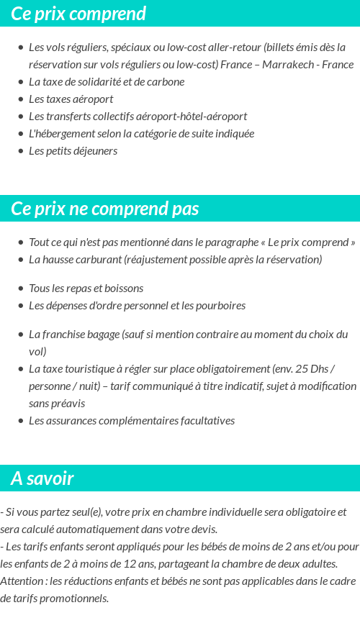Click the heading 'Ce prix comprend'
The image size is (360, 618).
pos(78,14)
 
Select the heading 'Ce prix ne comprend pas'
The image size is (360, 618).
pos(105,209)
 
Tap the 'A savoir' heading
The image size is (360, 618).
pos(42,478)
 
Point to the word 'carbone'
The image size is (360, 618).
pos(165,82)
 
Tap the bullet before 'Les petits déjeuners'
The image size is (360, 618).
pos(20,151)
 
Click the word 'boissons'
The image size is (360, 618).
pos(124,288)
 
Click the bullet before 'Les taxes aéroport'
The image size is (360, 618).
pos(20,99)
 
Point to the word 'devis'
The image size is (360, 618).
pos(203,530)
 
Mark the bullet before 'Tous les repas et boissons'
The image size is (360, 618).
pos(20,288)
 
